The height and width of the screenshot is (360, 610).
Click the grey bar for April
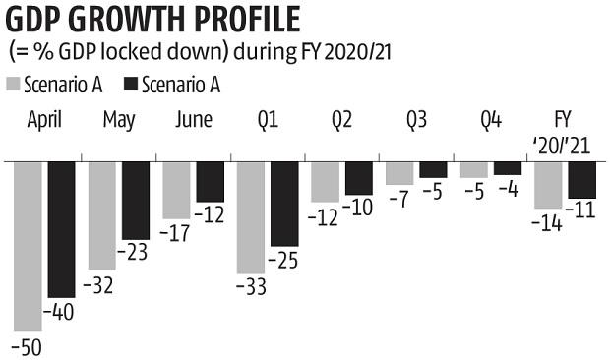[28, 245]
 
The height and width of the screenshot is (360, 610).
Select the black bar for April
[61, 229]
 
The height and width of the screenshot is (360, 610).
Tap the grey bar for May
[102, 214]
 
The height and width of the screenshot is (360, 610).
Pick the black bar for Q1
[284, 204]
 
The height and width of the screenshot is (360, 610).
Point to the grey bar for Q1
[251, 217]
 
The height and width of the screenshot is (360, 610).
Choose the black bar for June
[210, 182]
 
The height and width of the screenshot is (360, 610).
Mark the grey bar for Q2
[325, 182]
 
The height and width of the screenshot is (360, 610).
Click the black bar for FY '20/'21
[582, 180]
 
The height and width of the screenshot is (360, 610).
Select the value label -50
[28, 346]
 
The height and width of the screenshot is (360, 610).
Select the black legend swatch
[131, 85]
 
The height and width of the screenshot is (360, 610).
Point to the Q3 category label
[416, 121]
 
